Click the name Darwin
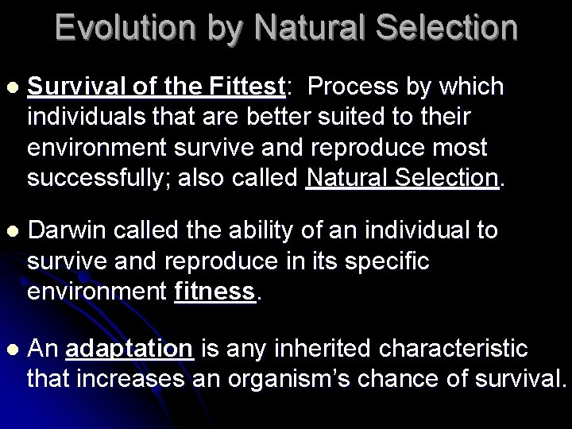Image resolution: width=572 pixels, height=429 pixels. (x=68, y=231)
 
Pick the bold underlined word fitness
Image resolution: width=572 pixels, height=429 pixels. (x=215, y=292)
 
